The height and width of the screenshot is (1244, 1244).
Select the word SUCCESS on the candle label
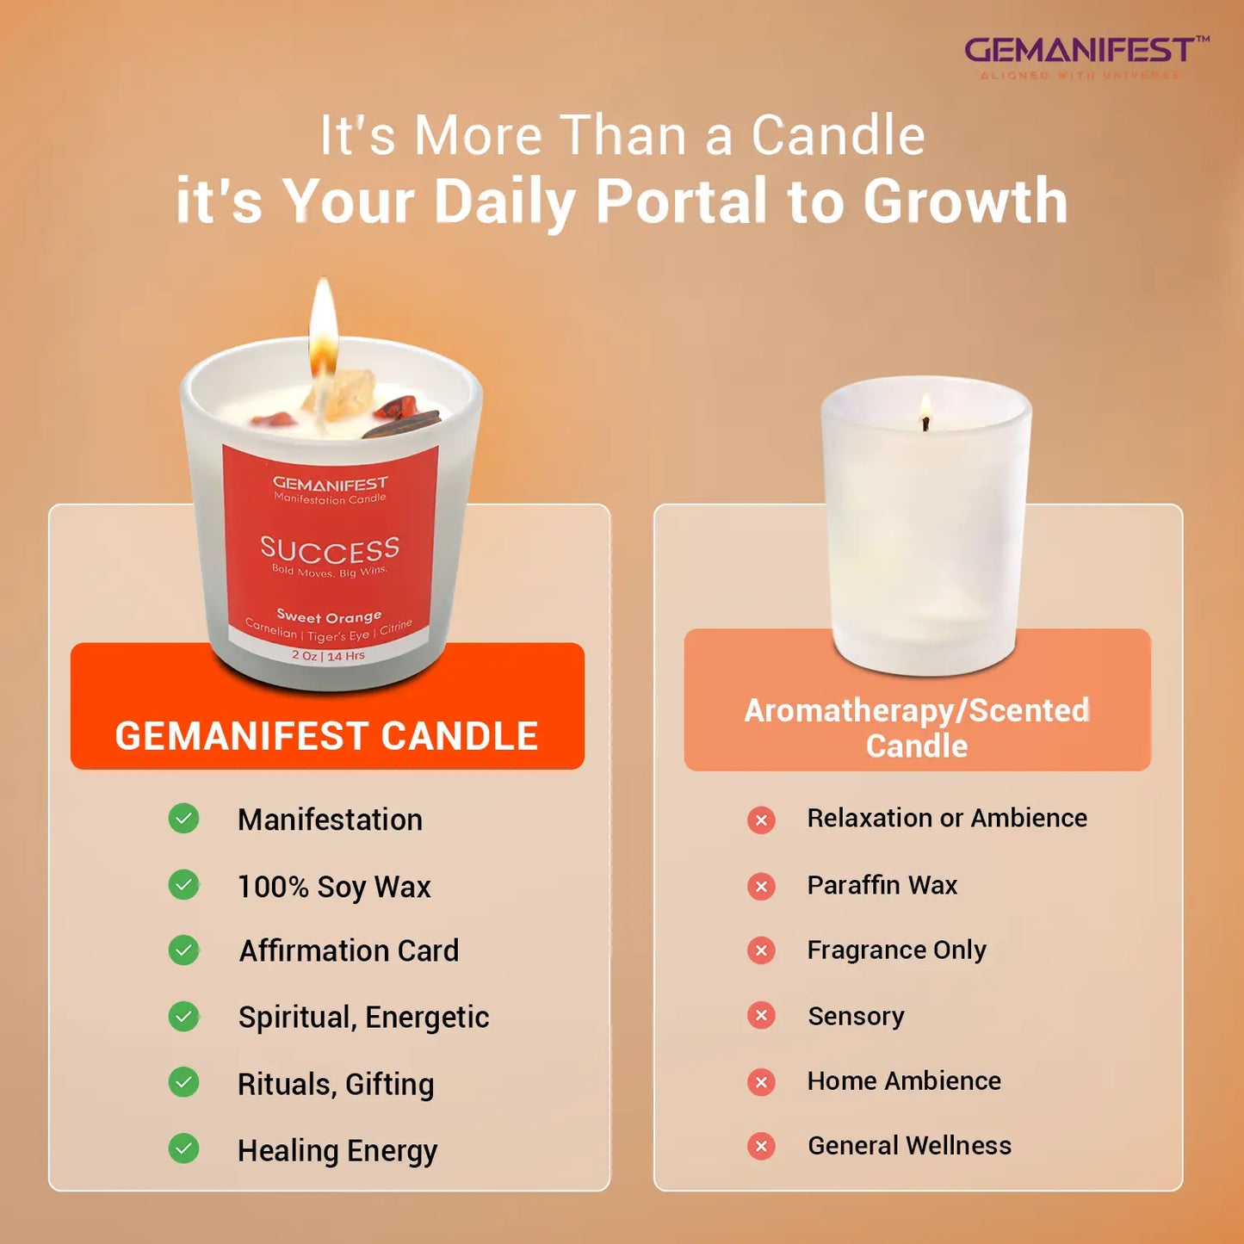pyautogui.click(x=330, y=548)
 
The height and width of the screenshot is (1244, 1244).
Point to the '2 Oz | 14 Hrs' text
pyautogui.click(x=328, y=655)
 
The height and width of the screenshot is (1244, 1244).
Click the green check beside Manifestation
pyautogui.click(x=183, y=818)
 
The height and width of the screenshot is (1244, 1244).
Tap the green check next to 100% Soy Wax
pyautogui.click(x=183, y=884)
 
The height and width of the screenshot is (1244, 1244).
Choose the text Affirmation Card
pyautogui.click(x=349, y=950)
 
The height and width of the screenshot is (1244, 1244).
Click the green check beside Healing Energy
pyautogui.click(x=183, y=1148)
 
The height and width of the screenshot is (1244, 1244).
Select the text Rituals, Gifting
pyautogui.click(x=336, y=1084)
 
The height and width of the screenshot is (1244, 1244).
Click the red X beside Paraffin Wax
pyautogui.click(x=761, y=886)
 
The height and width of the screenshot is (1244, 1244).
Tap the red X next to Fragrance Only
pyautogui.click(x=761, y=950)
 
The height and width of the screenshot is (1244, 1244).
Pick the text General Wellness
pyautogui.click(x=909, y=1146)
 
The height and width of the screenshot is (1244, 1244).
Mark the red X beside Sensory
pyautogui.click(x=761, y=1016)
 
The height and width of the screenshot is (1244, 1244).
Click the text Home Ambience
pyautogui.click(x=904, y=1080)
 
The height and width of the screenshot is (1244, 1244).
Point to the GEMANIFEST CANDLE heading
pyautogui.click(x=326, y=736)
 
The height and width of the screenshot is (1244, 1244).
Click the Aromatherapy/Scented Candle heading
pyautogui.click(x=917, y=727)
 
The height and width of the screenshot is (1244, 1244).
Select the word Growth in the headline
pyautogui.click(x=965, y=201)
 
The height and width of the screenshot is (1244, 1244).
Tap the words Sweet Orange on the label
pyautogui.click(x=329, y=616)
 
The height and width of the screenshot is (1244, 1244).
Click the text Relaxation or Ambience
pyautogui.click(x=947, y=818)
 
